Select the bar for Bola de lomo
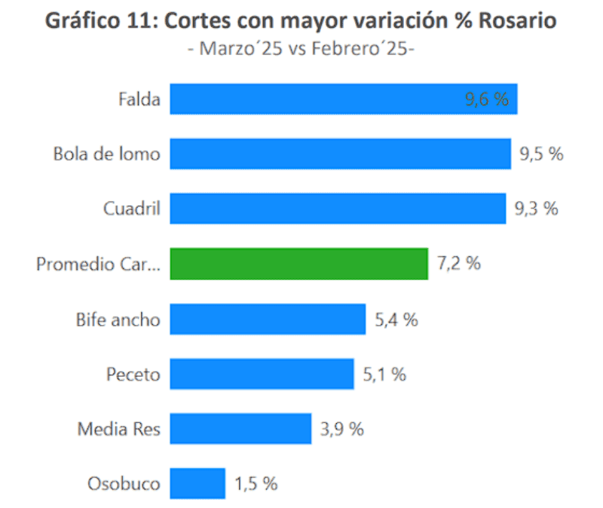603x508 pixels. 340,154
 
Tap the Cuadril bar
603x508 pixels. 338,209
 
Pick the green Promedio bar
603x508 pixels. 298,264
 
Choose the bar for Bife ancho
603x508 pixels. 268,319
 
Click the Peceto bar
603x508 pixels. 262,374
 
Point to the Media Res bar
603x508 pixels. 240,429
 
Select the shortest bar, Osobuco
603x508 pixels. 197,484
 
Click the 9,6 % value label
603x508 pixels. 487,99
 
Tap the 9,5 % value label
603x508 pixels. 541,154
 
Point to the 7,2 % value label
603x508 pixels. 458,264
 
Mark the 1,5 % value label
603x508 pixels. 256,484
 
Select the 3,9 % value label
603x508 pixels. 341,429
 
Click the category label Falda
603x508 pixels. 139,99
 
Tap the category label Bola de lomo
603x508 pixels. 107,154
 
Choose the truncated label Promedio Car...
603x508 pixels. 99,264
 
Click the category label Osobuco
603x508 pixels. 124,484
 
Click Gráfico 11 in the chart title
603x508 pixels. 97,22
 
